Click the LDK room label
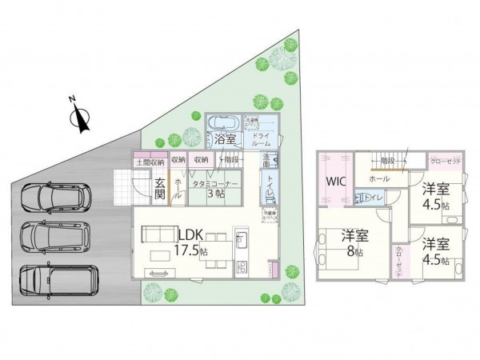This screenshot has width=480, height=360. click(x=190, y=234)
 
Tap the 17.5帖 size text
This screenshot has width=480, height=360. click(x=191, y=250)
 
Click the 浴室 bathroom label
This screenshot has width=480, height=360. click(x=224, y=139)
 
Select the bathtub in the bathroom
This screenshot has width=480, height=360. click(x=223, y=123)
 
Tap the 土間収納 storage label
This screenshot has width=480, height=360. click(x=150, y=161)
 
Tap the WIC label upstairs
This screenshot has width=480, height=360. click(x=334, y=181)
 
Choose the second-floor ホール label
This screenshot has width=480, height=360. click(x=379, y=179)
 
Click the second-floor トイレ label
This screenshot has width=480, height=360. click(x=376, y=197)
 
